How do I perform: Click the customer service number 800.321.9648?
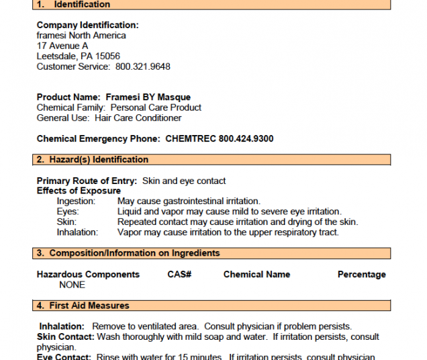pyautogui.click(x=143, y=66)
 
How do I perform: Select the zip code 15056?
pyautogui.click(x=107, y=56)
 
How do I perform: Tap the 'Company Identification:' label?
pyautogui.click(x=87, y=26)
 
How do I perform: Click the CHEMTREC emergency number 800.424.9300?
pyautogui.click(x=246, y=139)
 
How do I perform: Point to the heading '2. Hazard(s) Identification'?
pyautogui.click(x=92, y=160)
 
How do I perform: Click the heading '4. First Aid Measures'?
pyautogui.click(x=83, y=306)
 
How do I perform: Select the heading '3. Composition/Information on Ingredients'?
pyautogui.click(x=128, y=253)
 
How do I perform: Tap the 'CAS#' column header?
pyautogui.click(x=179, y=274)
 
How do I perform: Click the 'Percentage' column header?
pyautogui.click(x=361, y=274)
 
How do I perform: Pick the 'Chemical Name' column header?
pyautogui.click(x=256, y=274)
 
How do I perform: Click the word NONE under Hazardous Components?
pyautogui.click(x=72, y=285)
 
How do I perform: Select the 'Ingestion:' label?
pyautogui.click(x=76, y=201)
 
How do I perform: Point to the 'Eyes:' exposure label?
pyautogui.click(x=68, y=212)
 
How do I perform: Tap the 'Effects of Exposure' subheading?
pyautogui.click(x=79, y=191)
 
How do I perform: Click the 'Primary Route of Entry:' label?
pyautogui.click(x=87, y=181)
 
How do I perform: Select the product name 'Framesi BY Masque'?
pyautogui.click(x=148, y=97)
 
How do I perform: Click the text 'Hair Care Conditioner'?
pyautogui.click(x=138, y=118)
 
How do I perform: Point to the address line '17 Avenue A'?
pyautogui.click(x=62, y=46)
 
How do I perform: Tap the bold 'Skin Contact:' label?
pyautogui.click(x=65, y=336)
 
